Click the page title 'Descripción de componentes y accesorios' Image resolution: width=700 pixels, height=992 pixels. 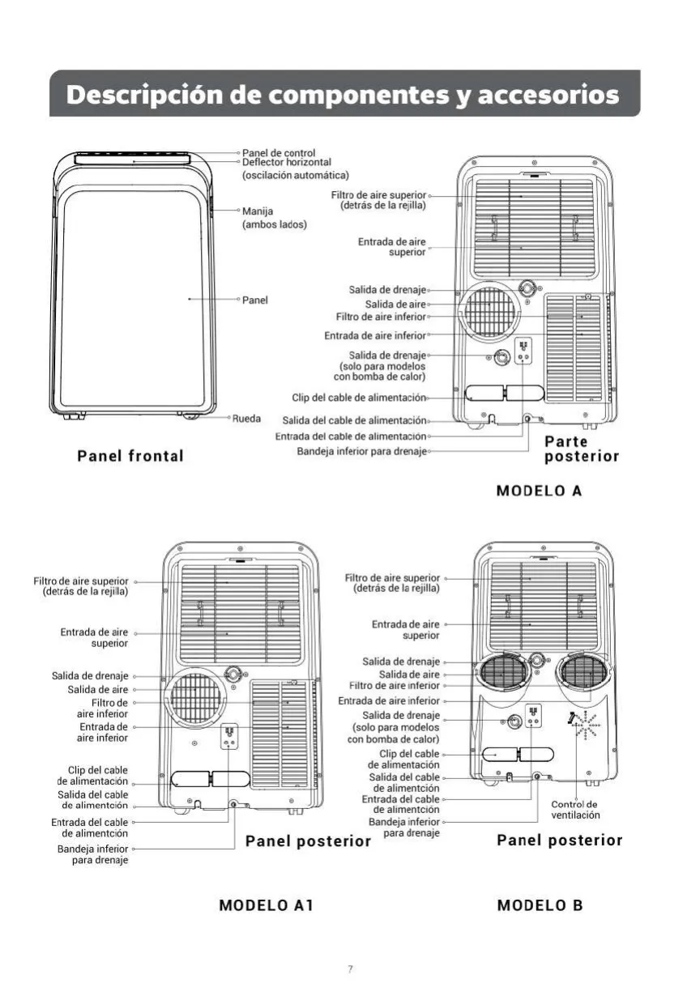[x=342, y=95]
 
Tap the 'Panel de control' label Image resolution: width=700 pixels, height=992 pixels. [x=279, y=153]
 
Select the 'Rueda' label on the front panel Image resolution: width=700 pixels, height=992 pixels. [x=247, y=419]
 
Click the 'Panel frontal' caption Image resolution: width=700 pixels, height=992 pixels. [x=130, y=456]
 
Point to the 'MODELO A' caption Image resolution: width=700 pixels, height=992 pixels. [x=539, y=491]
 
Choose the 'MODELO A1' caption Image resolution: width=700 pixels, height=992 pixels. [x=267, y=905]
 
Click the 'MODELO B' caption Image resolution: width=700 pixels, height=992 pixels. [x=540, y=905]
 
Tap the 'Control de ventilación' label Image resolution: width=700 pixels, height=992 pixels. [x=575, y=810]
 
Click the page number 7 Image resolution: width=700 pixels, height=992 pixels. [x=350, y=969]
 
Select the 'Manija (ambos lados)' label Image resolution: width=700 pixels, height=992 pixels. [x=274, y=218]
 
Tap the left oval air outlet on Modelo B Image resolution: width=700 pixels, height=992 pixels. [x=504, y=675]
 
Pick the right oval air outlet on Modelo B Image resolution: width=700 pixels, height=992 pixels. [x=584, y=675]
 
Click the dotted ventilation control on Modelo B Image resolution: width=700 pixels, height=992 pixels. [x=586, y=726]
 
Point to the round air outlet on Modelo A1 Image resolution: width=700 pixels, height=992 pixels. [x=195, y=698]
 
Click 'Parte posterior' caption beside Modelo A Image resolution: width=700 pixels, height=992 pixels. [x=581, y=449]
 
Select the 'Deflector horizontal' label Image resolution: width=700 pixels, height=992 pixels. [x=287, y=162]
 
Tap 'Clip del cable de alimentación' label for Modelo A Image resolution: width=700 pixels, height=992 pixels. [x=359, y=398]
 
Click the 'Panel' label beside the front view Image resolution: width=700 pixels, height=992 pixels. [x=254, y=300]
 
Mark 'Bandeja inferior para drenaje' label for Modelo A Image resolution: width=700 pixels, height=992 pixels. [x=361, y=451]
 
